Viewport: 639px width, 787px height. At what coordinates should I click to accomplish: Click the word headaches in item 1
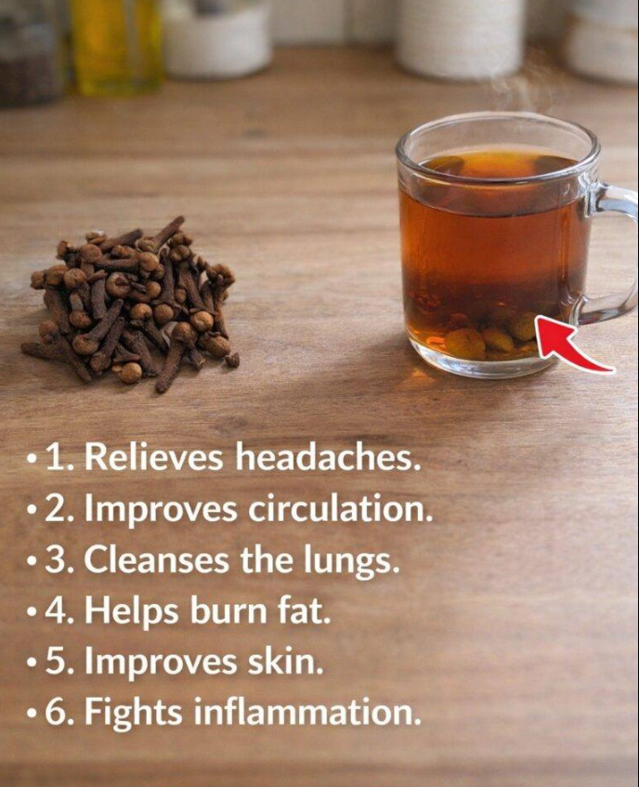328,457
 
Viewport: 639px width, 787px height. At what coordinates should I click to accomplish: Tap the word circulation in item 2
340,508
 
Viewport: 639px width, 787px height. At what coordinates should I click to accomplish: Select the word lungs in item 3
352,560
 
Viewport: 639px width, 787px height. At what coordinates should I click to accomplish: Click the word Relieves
153,457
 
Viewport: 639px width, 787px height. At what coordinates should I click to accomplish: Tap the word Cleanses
156,559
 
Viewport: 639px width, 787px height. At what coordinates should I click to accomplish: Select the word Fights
133,714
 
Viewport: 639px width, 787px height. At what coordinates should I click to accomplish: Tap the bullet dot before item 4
33,613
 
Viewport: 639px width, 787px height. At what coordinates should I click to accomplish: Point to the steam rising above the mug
522,88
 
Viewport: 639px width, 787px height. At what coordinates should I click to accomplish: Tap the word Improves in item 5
160,662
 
